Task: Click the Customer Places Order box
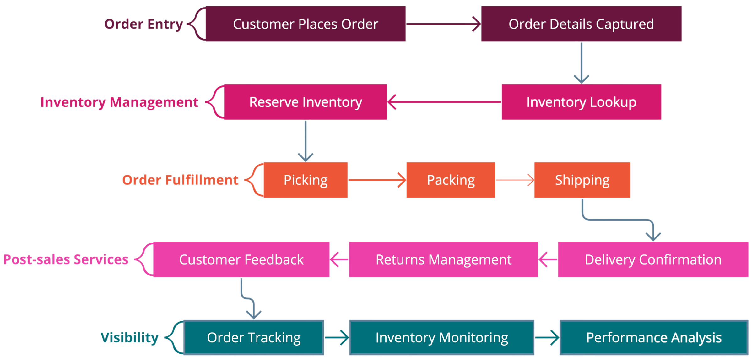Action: (x=305, y=24)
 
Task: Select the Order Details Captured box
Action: (x=581, y=24)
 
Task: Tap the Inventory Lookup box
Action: (x=581, y=102)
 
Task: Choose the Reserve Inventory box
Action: (x=305, y=102)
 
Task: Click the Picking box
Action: (x=305, y=180)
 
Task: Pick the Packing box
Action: (x=450, y=180)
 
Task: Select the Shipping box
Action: (x=582, y=180)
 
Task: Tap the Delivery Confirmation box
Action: (x=652, y=259)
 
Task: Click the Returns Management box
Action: (x=443, y=259)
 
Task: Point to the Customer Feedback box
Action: (x=241, y=259)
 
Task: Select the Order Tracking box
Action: (x=253, y=337)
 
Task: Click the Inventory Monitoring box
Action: (x=441, y=337)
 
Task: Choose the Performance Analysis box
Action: (x=653, y=337)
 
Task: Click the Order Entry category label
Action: (x=143, y=24)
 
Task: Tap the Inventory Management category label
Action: (x=119, y=102)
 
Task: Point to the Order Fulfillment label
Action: (x=180, y=180)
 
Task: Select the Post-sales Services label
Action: (x=66, y=259)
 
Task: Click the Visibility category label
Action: (x=129, y=338)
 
